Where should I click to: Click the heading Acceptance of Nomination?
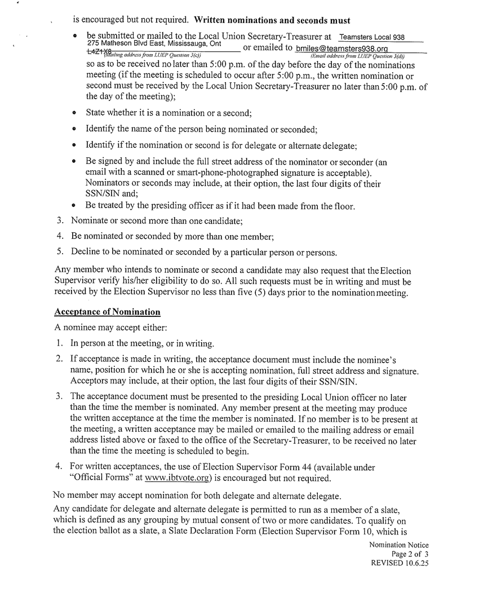[107, 312]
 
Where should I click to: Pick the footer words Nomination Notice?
[398, 545]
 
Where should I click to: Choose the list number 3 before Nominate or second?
[60, 222]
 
